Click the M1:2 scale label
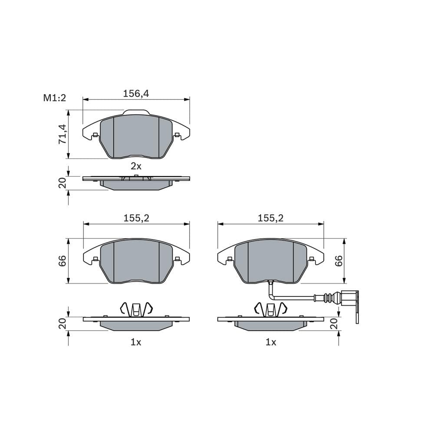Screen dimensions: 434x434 (x=54, y=98)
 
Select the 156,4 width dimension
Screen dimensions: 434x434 (x=136, y=93)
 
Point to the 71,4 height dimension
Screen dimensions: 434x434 (x=62, y=134)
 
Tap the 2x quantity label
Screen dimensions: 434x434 (x=136, y=166)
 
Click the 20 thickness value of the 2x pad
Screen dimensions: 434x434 (x=62, y=183)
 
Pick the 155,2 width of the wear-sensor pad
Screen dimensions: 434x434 (x=270, y=218)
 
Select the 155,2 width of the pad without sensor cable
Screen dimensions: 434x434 (x=136, y=218)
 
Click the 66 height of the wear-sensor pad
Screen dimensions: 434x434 (x=339, y=260)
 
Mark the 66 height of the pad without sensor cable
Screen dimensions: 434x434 (x=62, y=260)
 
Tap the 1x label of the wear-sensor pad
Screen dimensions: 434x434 (x=271, y=342)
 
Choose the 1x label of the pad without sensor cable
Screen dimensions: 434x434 (x=136, y=342)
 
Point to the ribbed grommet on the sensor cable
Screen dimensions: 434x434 (x=332, y=298)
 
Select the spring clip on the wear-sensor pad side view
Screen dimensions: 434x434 (x=271, y=309)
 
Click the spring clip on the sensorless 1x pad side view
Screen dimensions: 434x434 (x=136, y=309)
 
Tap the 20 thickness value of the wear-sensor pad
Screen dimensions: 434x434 (x=334, y=324)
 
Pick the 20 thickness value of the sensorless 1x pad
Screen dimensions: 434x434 (x=62, y=324)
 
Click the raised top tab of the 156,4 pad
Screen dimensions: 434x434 (x=136, y=113)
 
